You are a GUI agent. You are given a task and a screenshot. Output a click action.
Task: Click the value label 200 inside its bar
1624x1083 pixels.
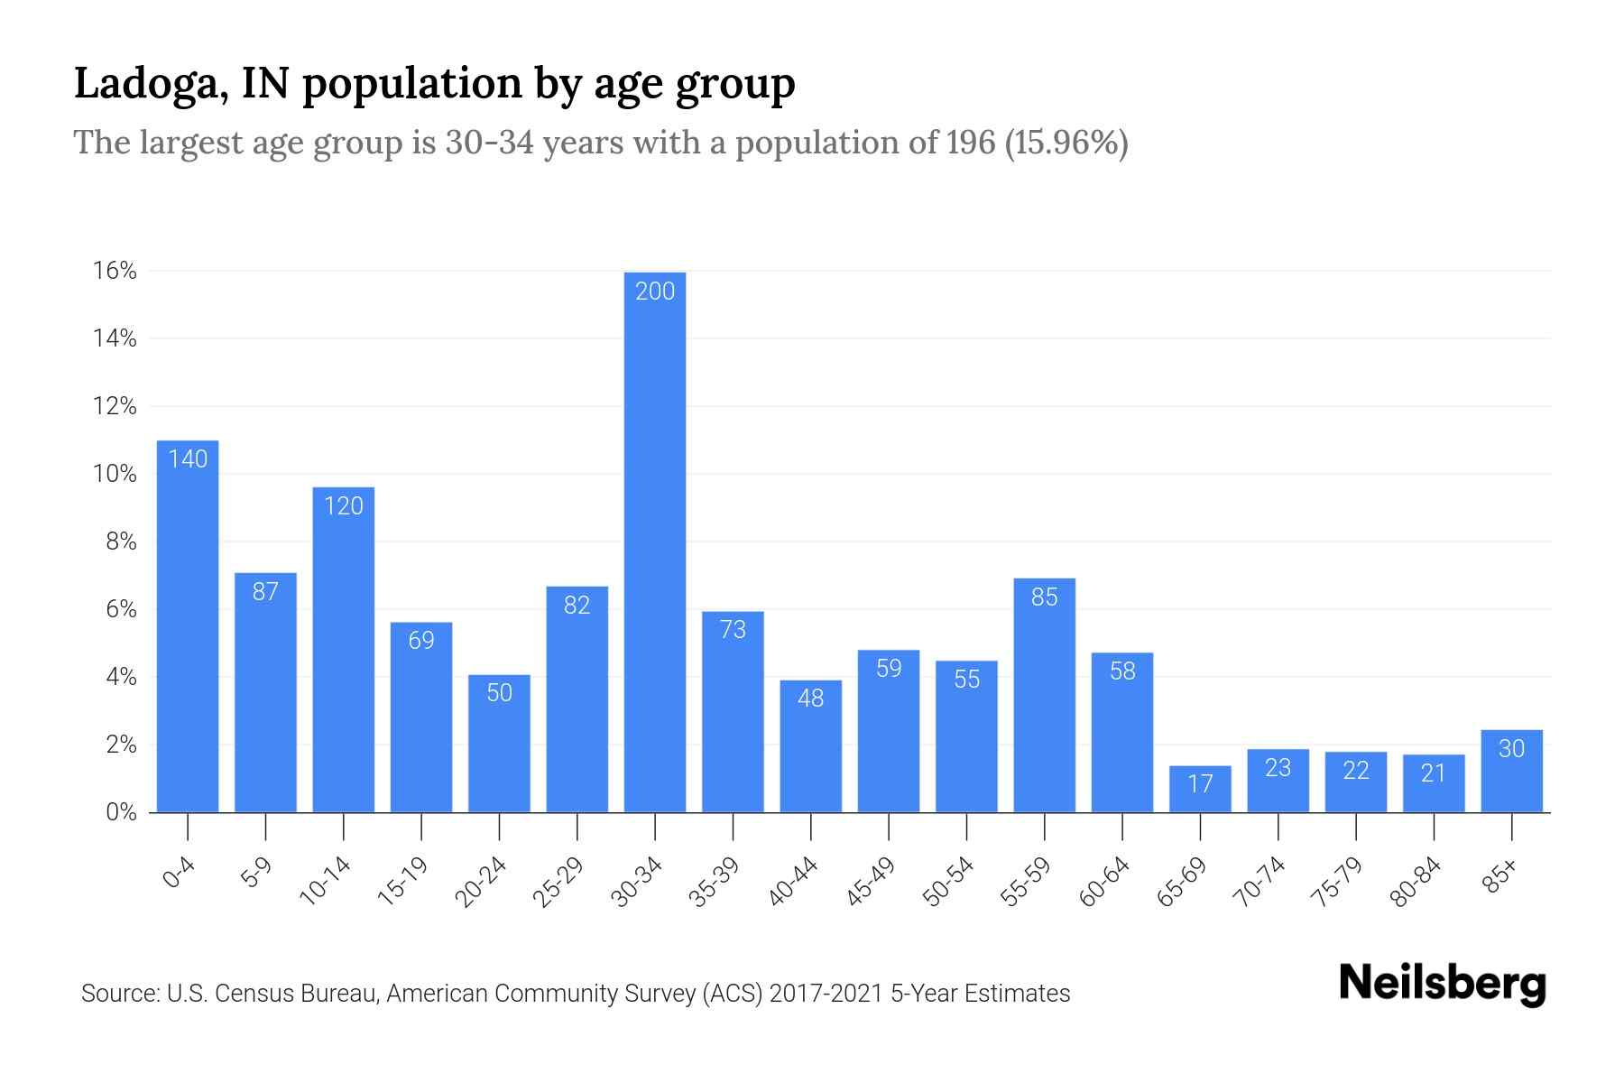click(x=655, y=291)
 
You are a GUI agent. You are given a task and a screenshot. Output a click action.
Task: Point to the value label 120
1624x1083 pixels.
click(x=344, y=505)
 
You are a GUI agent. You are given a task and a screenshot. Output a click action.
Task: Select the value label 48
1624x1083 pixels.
click(x=811, y=699)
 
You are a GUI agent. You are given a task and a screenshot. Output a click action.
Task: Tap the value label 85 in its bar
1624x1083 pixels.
click(x=1044, y=597)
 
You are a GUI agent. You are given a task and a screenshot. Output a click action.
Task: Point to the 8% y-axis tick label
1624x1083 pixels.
click(x=121, y=541)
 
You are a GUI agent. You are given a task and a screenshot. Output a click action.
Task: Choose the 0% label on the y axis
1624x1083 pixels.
click(x=121, y=812)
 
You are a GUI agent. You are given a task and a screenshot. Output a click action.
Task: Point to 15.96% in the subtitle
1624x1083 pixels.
click(x=1066, y=143)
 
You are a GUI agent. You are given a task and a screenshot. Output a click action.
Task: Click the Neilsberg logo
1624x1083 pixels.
click(x=1442, y=984)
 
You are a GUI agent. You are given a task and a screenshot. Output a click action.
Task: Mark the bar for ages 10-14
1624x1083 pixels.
click(x=344, y=659)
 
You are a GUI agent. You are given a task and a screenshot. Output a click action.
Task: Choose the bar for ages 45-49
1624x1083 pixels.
click(x=889, y=740)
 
